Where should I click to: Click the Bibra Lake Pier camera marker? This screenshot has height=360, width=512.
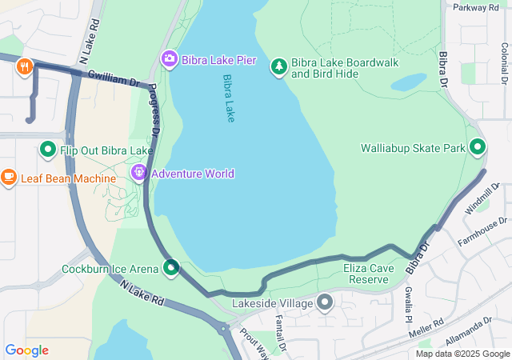[169, 58]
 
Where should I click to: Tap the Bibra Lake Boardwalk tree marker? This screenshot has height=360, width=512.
[278, 66]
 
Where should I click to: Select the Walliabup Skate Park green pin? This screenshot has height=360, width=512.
[478, 148]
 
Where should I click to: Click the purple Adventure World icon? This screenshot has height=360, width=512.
[139, 173]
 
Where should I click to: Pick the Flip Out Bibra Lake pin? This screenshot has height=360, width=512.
[47, 150]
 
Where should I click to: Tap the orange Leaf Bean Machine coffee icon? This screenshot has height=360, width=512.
[9, 176]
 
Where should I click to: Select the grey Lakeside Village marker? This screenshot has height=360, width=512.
[324, 303]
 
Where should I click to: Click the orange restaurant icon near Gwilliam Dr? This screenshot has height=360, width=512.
[25, 67]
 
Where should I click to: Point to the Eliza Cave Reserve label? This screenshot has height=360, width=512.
[369, 274]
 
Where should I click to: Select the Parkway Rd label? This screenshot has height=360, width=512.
[475, 8]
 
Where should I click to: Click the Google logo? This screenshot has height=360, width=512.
[26, 350]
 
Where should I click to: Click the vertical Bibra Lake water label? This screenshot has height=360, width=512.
[229, 98]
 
